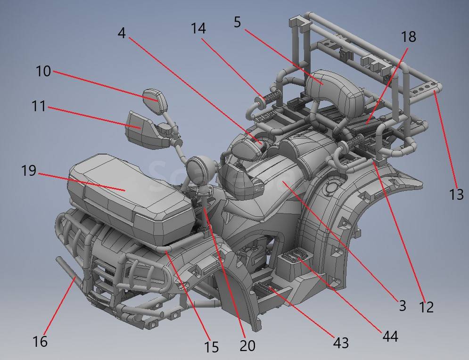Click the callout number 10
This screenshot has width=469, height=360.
tap(43, 72)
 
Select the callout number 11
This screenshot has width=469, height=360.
tap(39, 106)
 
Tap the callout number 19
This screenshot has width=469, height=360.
tap(29, 171)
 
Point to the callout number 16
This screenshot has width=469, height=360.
tap(40, 341)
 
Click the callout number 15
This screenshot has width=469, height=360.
tap(212, 347)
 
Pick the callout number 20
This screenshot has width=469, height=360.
tap(247, 346)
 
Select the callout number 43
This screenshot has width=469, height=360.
tap(341, 343)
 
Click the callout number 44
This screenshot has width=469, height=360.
tap(390, 336)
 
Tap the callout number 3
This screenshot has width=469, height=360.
tap(403, 306)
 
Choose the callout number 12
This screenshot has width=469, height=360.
tap(426, 307)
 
